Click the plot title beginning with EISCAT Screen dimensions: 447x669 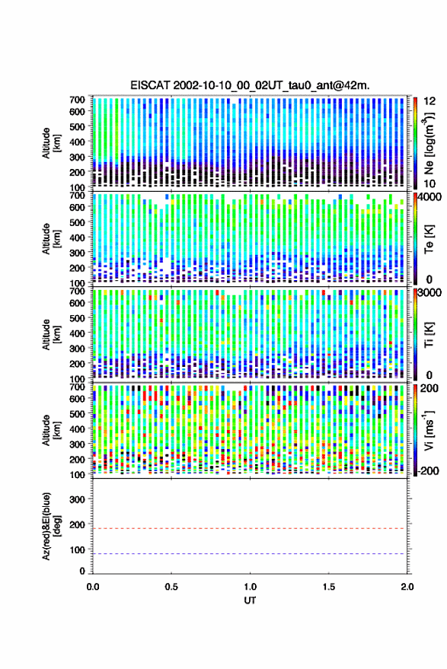(250, 86)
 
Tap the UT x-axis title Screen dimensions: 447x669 (251, 601)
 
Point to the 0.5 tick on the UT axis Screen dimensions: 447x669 (171, 587)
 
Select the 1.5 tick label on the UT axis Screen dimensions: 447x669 (329, 587)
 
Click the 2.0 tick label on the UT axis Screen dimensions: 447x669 (407, 587)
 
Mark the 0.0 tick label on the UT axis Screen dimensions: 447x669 (93, 587)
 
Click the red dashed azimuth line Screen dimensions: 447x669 (250, 528)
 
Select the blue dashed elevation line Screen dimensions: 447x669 (250, 554)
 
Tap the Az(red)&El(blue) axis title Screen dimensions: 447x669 (51, 526)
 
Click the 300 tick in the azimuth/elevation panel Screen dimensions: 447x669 (77, 499)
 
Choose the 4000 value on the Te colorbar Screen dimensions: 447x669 (430, 196)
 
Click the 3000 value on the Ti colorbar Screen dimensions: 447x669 (430, 293)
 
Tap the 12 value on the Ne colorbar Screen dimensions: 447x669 (430, 101)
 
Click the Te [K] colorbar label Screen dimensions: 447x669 (429, 239)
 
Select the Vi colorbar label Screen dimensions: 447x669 (429, 430)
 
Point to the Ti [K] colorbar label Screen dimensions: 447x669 (429, 335)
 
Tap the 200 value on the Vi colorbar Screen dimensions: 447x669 (429, 388)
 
